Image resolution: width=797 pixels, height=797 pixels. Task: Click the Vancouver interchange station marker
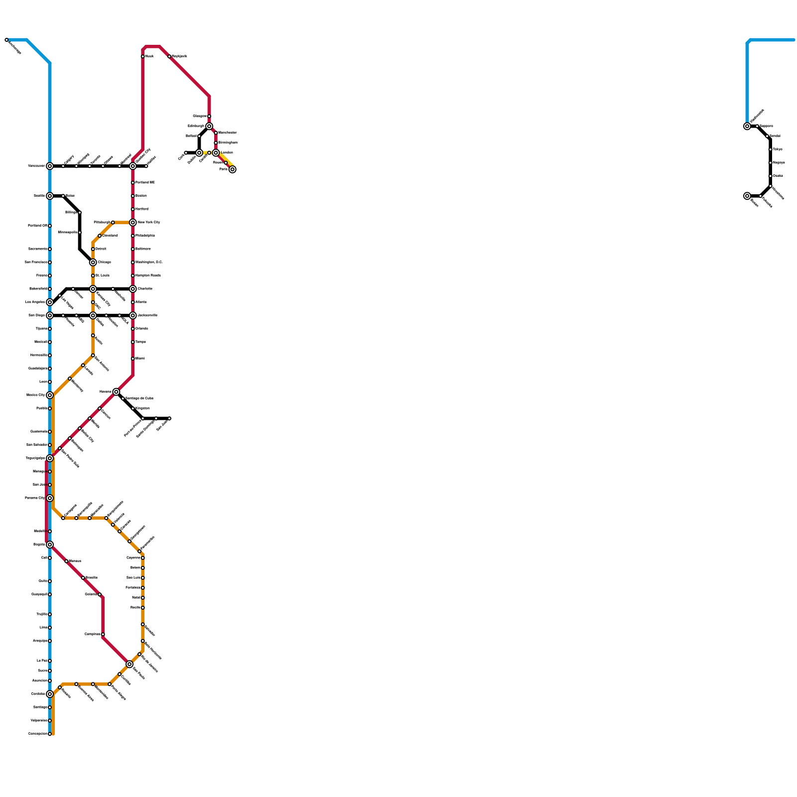[50, 166]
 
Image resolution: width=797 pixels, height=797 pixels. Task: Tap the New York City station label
[148, 222]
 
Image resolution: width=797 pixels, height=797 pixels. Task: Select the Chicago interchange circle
[93, 262]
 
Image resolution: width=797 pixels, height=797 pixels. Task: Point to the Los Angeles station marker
[50, 302]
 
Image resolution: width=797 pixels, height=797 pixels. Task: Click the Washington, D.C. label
[149, 262]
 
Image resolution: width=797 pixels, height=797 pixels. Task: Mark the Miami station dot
[133, 359]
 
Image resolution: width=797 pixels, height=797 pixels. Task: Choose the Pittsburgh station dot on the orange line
[113, 222]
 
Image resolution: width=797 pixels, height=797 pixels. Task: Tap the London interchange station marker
[216, 153]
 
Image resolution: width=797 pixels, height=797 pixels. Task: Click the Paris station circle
[233, 169]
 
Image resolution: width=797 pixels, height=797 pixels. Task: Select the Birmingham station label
[228, 143]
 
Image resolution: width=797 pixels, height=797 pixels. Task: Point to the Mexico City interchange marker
[50, 396]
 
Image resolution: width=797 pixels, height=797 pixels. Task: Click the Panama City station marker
[50, 498]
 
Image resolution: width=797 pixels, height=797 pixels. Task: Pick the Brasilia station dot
[83, 578]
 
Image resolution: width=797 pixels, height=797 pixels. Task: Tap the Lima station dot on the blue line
[50, 628]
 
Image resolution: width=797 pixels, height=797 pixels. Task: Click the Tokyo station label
[778, 149]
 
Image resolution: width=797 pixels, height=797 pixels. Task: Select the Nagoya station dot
[771, 163]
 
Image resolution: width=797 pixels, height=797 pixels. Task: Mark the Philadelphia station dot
[133, 236]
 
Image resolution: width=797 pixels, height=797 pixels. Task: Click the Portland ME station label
[145, 183]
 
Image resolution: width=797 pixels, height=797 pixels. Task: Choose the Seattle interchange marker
[50, 196]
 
